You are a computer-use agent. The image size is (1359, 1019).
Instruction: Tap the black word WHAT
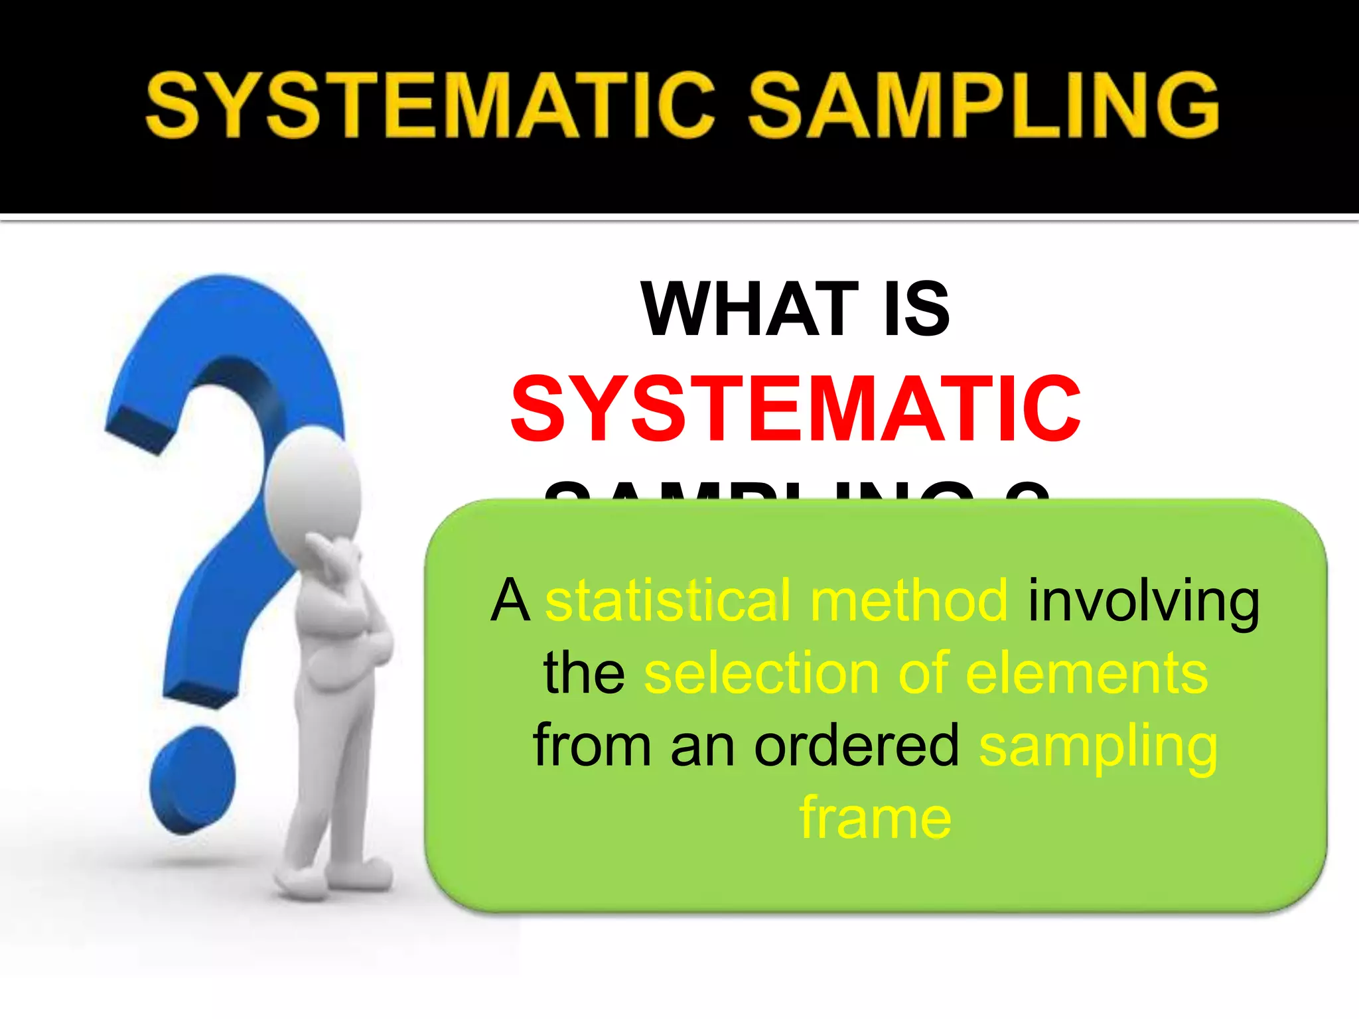coord(751,309)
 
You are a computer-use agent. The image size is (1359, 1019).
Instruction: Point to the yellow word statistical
coord(668,600)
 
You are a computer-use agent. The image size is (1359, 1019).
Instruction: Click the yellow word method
coord(909,600)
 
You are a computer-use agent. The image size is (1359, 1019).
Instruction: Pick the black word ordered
coord(857,746)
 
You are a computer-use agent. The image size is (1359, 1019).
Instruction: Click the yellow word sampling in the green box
coord(1098,748)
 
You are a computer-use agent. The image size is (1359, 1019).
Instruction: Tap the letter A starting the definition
coord(510,600)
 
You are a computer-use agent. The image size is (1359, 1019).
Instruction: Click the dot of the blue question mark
coord(192,780)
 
